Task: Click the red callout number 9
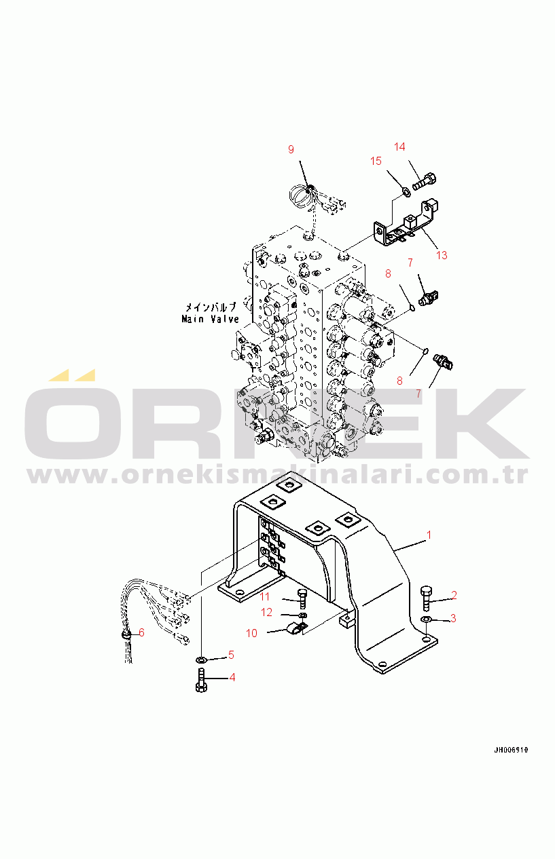pos(291,149)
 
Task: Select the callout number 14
pos(399,147)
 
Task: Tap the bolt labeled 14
pos(425,181)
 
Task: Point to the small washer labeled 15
pos(406,191)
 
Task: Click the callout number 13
pos(442,255)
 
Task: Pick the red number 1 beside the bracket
pos(429,535)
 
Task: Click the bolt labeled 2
pos(427,598)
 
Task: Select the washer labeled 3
pos(426,619)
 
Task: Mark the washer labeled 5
pos(200,660)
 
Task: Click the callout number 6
pos(141,632)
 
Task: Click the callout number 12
pos(266,613)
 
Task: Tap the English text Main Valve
pos(211,319)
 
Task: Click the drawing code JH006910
pos(511,750)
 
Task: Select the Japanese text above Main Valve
pos(211,307)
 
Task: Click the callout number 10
pos(251,633)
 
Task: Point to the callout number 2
pos(454,595)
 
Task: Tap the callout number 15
pos(376,161)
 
